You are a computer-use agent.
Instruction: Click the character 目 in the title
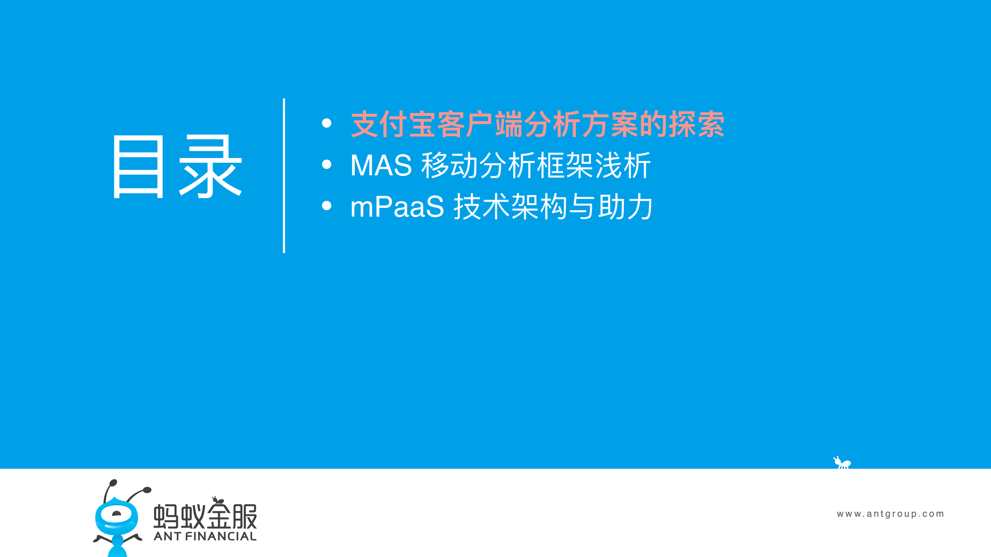(x=139, y=167)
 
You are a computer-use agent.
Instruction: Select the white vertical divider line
(x=284, y=176)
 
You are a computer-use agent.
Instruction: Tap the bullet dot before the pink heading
(x=326, y=123)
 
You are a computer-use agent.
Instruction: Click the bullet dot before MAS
(x=326, y=165)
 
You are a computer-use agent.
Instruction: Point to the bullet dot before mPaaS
(x=326, y=206)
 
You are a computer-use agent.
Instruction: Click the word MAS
(x=381, y=165)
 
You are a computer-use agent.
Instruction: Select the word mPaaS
(x=397, y=207)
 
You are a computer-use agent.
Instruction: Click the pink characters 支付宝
(x=393, y=124)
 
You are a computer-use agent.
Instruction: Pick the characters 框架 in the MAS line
(x=565, y=165)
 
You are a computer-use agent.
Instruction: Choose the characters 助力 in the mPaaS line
(x=625, y=207)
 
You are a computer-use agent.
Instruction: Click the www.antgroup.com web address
(x=890, y=514)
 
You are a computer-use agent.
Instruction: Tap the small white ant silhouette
(x=842, y=463)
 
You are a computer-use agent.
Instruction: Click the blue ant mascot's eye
(x=116, y=514)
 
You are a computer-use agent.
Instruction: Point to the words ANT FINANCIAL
(x=205, y=536)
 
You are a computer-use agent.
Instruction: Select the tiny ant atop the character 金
(x=218, y=500)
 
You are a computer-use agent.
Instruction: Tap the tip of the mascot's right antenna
(x=147, y=490)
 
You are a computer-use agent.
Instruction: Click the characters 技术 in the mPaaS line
(x=482, y=207)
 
